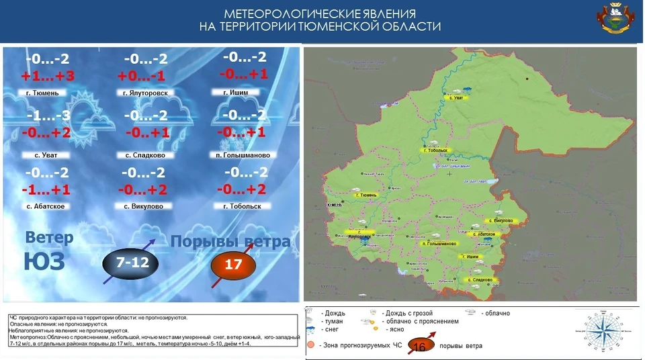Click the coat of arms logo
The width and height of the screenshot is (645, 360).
[617, 19]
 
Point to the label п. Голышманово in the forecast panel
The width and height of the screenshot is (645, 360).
[243, 155]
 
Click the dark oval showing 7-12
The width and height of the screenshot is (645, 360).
[132, 263]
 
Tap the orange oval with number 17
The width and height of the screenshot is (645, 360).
[232, 265]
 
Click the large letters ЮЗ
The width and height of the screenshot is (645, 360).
[44, 261]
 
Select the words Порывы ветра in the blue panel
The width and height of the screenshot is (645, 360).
[230, 241]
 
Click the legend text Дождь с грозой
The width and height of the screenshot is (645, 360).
[408, 313]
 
